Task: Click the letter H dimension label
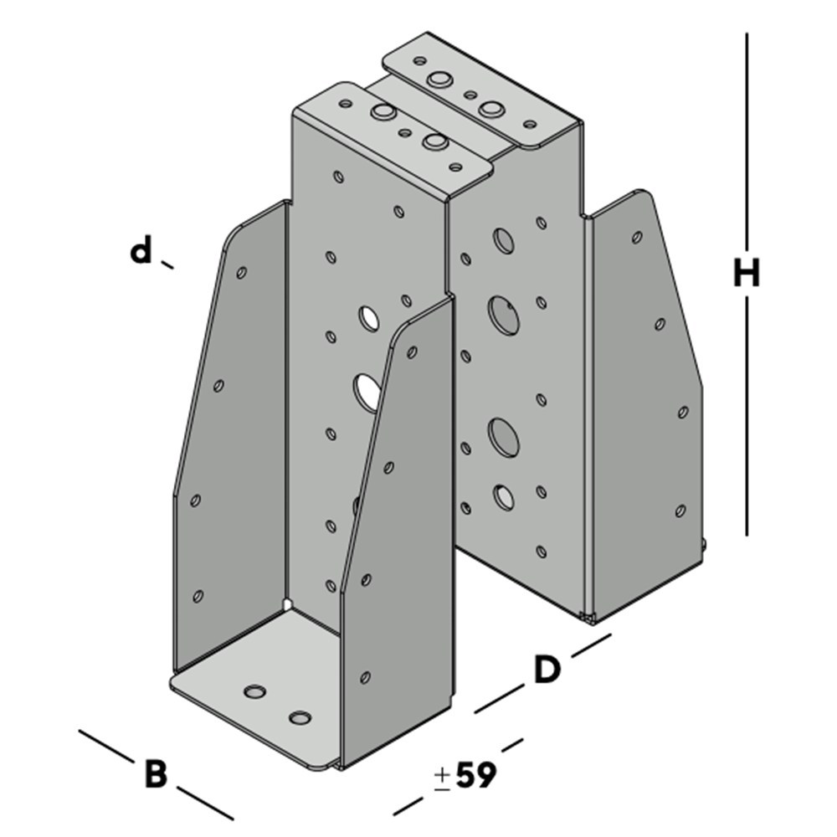pyautogui.click(x=747, y=273)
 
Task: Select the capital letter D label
pyautogui.click(x=547, y=670)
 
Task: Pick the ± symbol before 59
pyautogui.click(x=442, y=778)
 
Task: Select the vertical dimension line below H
pyautogui.click(x=747, y=416)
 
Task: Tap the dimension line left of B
pyautogui.click(x=105, y=746)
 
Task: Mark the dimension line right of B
pyautogui.click(x=205, y=803)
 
